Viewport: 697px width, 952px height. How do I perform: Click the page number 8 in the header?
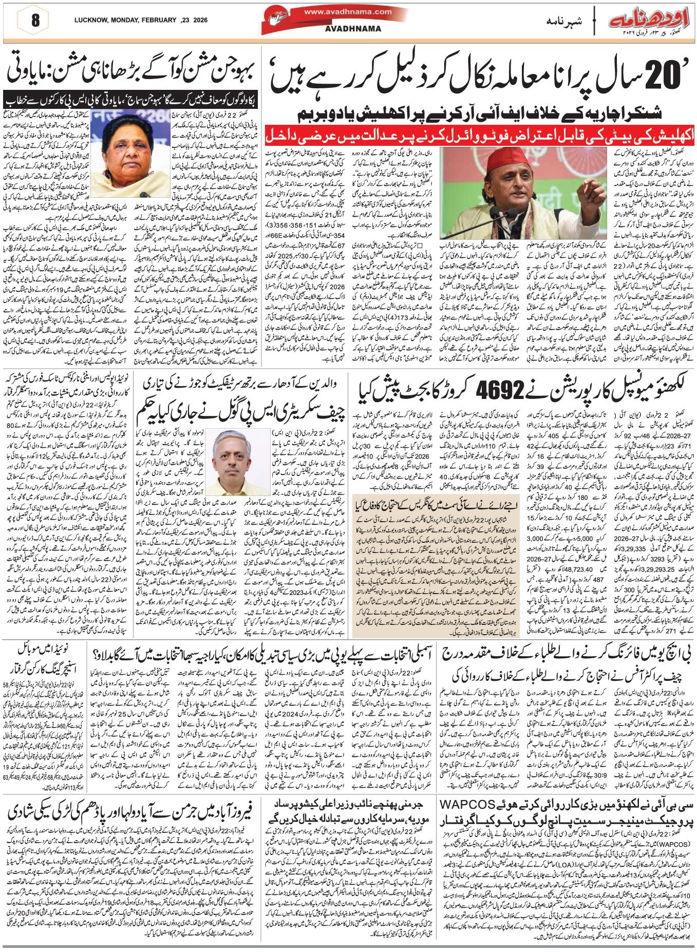pos(35,21)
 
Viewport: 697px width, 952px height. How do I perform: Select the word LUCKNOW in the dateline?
pos(90,20)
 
